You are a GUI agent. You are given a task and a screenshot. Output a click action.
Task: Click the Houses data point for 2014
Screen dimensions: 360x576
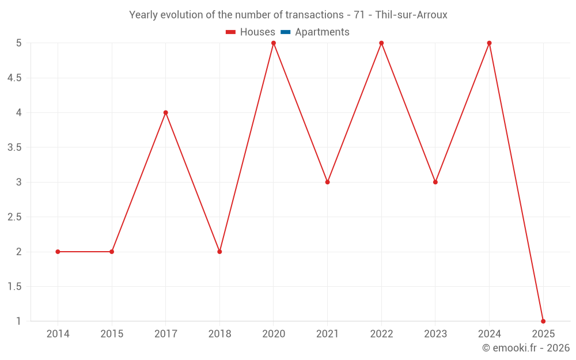tap(58, 252)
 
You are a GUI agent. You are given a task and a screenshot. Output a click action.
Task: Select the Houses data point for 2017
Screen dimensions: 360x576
tap(166, 112)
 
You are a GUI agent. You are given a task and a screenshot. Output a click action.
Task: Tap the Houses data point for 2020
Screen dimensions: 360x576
tap(274, 43)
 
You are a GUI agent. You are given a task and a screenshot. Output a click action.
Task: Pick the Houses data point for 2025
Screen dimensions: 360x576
tap(543, 321)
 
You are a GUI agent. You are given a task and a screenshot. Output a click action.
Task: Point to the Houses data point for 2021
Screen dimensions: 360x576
tap(328, 182)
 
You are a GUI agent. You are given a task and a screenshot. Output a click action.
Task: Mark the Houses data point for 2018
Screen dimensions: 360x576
tap(219, 252)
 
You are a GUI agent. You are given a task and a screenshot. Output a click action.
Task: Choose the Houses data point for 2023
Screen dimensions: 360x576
tap(435, 182)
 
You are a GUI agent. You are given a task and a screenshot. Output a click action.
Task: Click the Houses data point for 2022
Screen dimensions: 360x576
tap(381, 43)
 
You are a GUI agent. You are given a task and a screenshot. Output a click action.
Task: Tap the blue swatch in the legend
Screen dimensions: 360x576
tap(286, 32)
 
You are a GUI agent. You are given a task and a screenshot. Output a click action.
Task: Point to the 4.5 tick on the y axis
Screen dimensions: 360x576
tap(14, 78)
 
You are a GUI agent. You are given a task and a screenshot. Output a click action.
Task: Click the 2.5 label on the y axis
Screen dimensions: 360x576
tap(14, 217)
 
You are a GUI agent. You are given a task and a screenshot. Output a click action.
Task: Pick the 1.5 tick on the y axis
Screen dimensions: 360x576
tap(14, 287)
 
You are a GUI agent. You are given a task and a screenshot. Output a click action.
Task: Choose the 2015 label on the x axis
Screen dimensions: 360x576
tap(112, 334)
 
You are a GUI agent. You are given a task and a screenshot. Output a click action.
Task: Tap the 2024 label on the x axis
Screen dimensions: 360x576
tap(489, 334)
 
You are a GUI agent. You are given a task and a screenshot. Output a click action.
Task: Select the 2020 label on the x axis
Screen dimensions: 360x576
tap(274, 334)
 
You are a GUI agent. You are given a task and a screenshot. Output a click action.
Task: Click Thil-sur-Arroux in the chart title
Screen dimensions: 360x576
tap(411, 15)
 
